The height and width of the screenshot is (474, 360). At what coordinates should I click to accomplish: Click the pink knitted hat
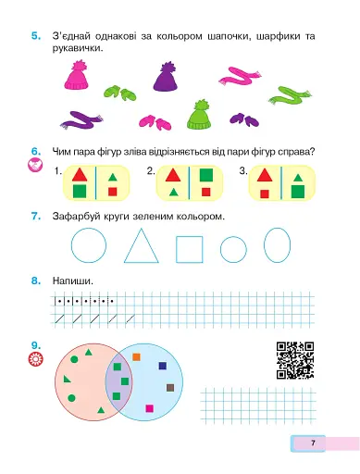(76, 76)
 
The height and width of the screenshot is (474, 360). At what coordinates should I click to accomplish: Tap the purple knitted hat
(166, 77)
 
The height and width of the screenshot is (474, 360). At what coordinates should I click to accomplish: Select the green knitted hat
(199, 116)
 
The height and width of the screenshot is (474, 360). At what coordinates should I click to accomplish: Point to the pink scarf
(239, 77)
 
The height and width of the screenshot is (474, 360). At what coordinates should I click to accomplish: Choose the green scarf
(290, 96)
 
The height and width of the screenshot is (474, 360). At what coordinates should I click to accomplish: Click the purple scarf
(81, 120)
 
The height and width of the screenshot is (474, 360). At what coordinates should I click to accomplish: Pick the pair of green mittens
(119, 93)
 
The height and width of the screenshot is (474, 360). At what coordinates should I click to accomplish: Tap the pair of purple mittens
(244, 119)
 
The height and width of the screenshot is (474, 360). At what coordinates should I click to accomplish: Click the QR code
(295, 360)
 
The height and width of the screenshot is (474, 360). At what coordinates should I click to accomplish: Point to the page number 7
(313, 443)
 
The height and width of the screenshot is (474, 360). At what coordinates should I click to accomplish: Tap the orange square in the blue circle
(136, 357)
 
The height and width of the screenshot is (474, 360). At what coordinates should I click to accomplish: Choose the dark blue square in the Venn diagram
(163, 366)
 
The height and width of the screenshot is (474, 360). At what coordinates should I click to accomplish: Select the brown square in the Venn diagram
(170, 388)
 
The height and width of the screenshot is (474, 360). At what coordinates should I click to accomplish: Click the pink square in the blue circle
(150, 408)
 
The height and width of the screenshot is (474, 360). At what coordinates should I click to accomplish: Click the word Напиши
(73, 281)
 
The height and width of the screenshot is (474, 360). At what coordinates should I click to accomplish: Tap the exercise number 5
(36, 36)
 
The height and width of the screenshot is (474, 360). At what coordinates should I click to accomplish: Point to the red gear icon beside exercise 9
(36, 359)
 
